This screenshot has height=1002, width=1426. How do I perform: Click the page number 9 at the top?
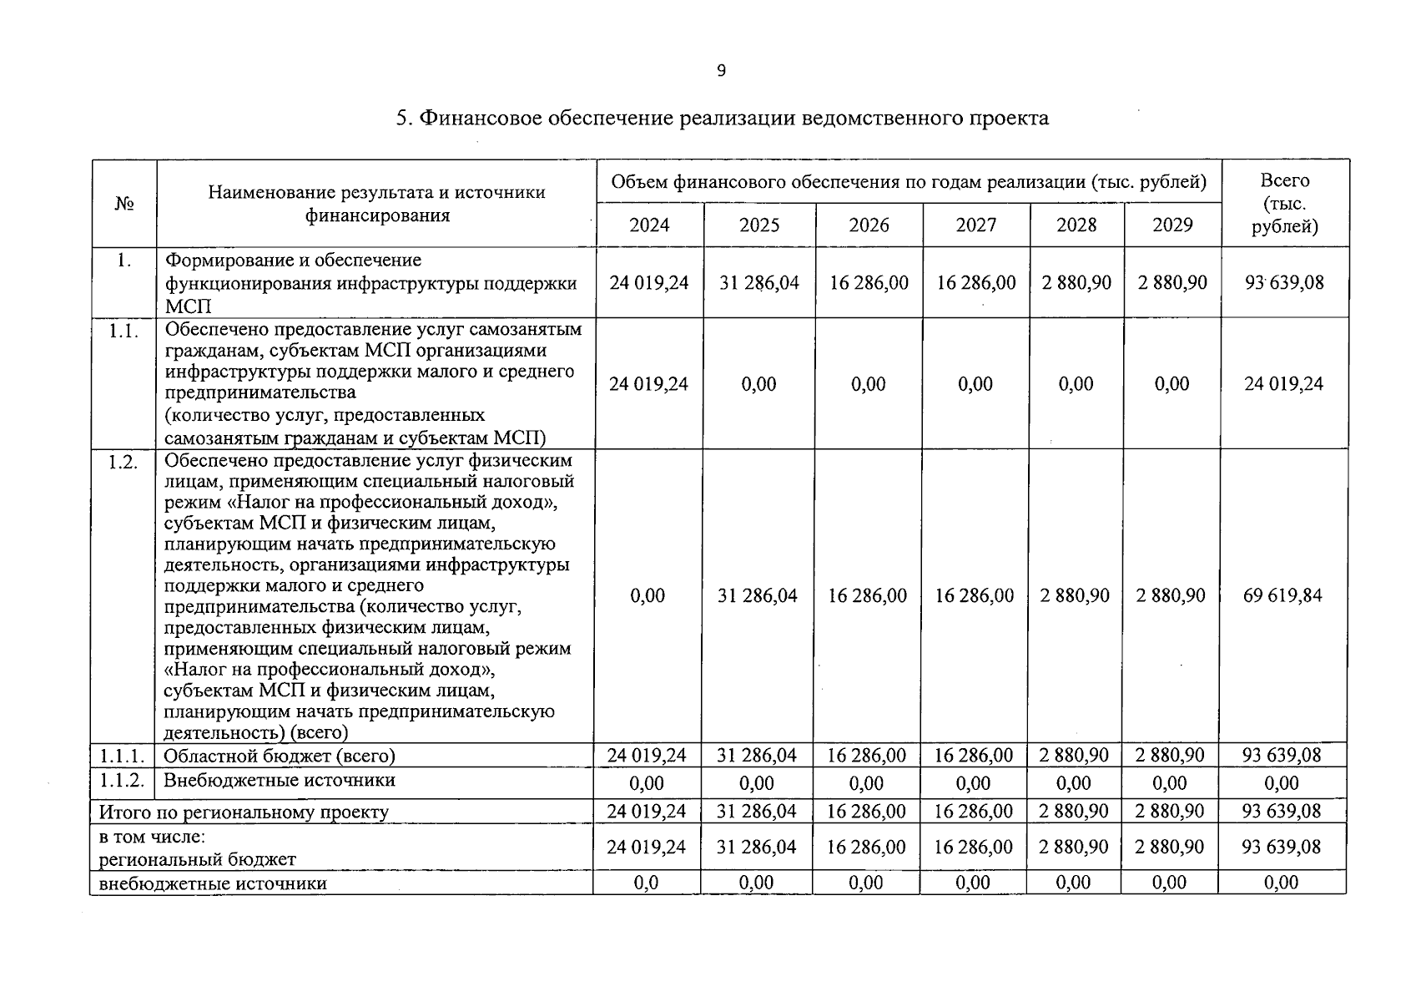(x=721, y=71)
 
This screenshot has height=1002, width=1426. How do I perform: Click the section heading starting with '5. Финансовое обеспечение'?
(x=722, y=118)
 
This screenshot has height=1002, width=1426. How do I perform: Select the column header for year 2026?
(x=869, y=225)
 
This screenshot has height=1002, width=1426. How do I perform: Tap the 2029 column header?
(x=1172, y=225)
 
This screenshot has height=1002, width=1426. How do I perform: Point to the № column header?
(x=124, y=204)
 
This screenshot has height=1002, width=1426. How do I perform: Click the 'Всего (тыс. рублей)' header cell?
(x=1284, y=203)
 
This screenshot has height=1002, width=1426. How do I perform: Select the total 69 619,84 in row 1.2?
(x=1282, y=596)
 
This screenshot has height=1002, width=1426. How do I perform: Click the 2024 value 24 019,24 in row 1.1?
(x=648, y=384)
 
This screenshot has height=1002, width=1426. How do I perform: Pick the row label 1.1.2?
(x=123, y=781)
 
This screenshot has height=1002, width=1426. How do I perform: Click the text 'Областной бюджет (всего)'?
(x=279, y=757)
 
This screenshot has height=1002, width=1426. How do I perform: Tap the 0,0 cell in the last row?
(x=646, y=883)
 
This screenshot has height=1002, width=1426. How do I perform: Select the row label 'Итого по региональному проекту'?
(x=244, y=812)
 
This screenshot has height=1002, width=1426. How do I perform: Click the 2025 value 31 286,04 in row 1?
(x=758, y=283)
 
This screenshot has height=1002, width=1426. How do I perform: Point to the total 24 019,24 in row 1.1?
(x=1283, y=384)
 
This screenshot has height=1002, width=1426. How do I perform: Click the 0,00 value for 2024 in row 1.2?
(x=647, y=596)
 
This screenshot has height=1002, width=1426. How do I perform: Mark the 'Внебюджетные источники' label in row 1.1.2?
(x=279, y=781)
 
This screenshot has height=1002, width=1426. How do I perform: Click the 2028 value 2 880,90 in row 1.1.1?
(x=1074, y=756)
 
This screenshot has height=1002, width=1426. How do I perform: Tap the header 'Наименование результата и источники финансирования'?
(x=376, y=204)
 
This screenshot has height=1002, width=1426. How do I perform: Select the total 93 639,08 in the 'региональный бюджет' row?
(x=1281, y=848)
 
